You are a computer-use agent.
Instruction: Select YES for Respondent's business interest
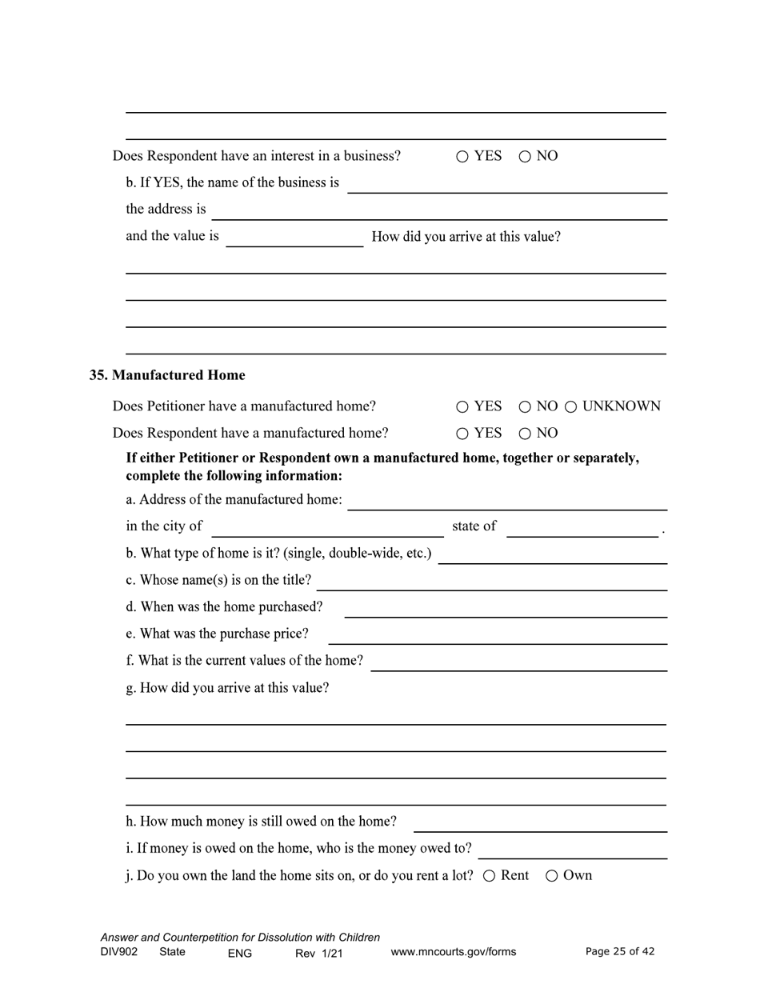pos(462,157)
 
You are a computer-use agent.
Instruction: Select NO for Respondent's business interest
pos(525,157)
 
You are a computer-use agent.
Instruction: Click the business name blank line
pos(507,185)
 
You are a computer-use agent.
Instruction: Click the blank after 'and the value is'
pos(294,238)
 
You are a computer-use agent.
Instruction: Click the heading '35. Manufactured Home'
pos(167,375)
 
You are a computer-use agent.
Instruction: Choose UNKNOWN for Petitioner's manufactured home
pos(571,407)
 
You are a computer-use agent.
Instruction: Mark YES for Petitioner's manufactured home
pos(462,407)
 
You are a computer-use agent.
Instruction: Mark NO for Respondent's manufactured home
pos(525,434)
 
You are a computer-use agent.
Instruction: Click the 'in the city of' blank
pos(327,529)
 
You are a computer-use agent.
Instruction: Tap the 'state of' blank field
pos(582,529)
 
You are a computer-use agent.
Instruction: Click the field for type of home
pos(552,556)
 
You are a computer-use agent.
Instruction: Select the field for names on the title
pos(492,582)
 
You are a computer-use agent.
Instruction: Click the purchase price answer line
pos(498,636)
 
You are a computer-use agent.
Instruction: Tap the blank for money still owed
pos(540,824)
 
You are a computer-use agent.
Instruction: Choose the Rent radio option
pos(490,876)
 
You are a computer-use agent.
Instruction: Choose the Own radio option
pos(552,876)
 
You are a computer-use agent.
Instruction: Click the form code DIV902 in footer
pos(119,952)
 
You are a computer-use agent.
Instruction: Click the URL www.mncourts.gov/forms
pos(453,952)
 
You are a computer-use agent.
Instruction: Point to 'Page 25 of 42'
pos(620,951)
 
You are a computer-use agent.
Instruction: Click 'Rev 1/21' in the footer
pos(318,953)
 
